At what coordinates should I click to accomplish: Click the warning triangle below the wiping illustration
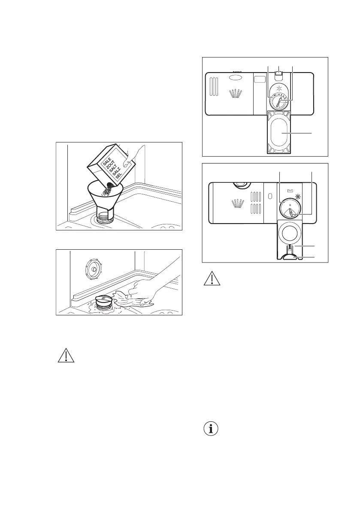coord(65,356)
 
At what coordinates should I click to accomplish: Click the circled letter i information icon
coord(210,429)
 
